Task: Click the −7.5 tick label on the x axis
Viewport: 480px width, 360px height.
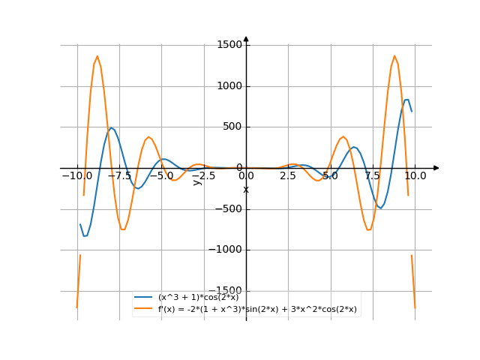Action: [119, 175]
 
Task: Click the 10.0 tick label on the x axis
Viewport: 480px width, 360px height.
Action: [415, 175]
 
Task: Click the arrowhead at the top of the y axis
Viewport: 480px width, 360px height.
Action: [246, 39]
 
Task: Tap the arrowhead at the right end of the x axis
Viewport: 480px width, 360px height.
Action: [436, 168]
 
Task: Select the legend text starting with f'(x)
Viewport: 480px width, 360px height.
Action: [257, 308]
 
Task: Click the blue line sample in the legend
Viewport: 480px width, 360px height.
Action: [145, 298]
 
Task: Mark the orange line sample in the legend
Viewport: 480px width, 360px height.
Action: [145, 308]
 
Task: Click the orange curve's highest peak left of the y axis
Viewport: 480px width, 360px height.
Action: [97, 55]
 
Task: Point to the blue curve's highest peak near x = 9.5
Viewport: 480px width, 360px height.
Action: [406, 99]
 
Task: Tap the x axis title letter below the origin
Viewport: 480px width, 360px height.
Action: [246, 189]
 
